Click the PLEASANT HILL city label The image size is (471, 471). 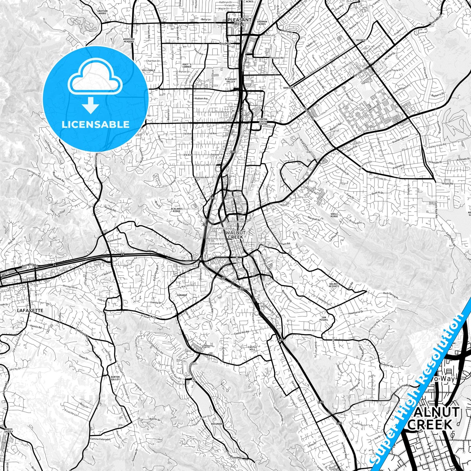(240, 22)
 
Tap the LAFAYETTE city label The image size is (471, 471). (29, 311)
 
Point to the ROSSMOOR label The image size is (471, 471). (216, 424)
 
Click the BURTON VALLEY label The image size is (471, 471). (115, 378)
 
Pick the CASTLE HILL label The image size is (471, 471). (253, 348)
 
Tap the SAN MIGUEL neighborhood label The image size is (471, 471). (324, 318)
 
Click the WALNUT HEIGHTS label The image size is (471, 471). (334, 285)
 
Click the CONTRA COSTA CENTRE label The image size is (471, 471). (263, 122)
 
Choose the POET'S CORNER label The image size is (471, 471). (187, 66)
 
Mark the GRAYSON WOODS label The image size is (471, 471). (102, 12)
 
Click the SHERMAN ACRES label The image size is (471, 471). (262, 23)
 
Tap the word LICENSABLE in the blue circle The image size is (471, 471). (96, 125)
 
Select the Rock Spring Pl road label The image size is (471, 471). (390, 294)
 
